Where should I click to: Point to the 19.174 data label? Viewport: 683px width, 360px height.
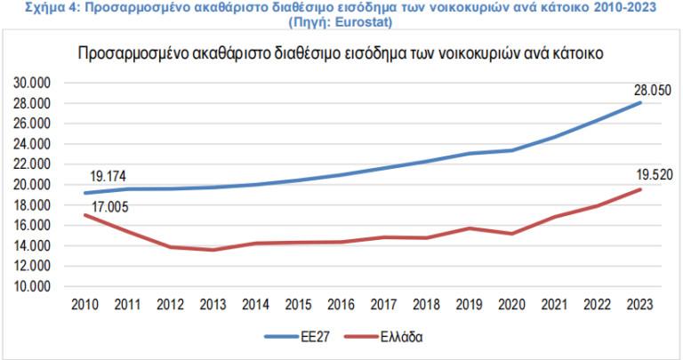106,176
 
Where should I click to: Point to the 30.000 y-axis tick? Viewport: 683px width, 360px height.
36,83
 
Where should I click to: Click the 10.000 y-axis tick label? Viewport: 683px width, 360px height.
36,286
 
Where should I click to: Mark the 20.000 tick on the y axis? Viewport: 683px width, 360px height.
36,185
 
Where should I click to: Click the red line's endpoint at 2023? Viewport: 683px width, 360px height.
639,189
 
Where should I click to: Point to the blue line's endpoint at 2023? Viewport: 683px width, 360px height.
639,103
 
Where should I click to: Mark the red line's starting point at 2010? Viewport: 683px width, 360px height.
85,215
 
